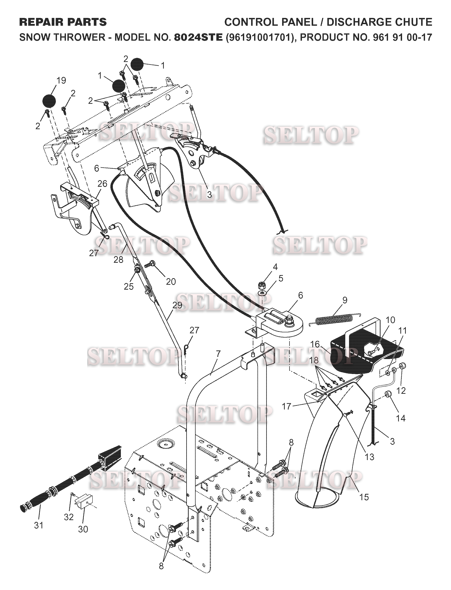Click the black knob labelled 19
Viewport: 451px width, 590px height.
(x=49, y=101)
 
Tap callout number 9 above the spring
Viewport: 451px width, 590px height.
(x=345, y=300)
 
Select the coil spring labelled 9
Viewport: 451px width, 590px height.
(x=334, y=319)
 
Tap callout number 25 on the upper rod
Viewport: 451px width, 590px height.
(x=129, y=287)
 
